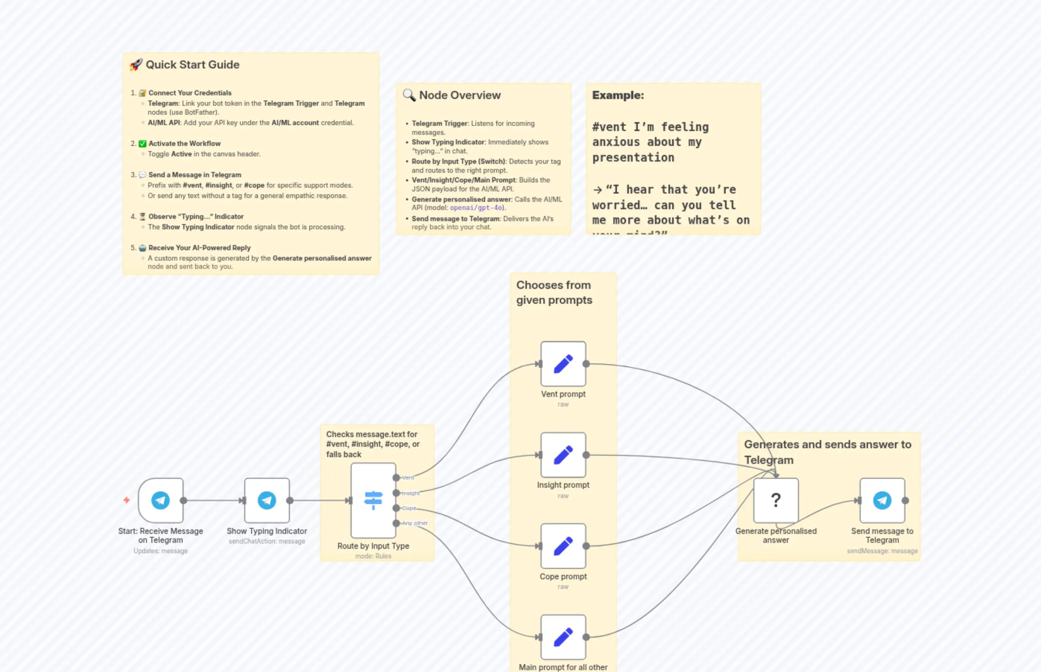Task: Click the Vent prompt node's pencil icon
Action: pos(563,364)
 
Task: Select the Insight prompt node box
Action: pos(563,455)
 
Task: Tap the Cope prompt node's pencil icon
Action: pos(563,546)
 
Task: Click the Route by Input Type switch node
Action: pos(373,500)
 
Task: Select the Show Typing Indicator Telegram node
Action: pos(267,500)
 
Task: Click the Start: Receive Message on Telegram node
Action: pos(161,500)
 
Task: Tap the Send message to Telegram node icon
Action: pos(882,500)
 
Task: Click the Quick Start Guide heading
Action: pos(192,64)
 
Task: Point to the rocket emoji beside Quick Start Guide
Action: pos(136,64)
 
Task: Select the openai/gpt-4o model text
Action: pos(475,208)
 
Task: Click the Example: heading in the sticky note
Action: pos(617,95)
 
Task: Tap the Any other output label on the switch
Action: pos(414,523)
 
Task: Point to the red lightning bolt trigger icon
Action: pos(127,500)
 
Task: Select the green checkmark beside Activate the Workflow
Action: pos(142,144)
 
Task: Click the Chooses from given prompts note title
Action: pos(554,292)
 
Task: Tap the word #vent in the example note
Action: pos(609,127)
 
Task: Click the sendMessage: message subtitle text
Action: pos(882,551)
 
